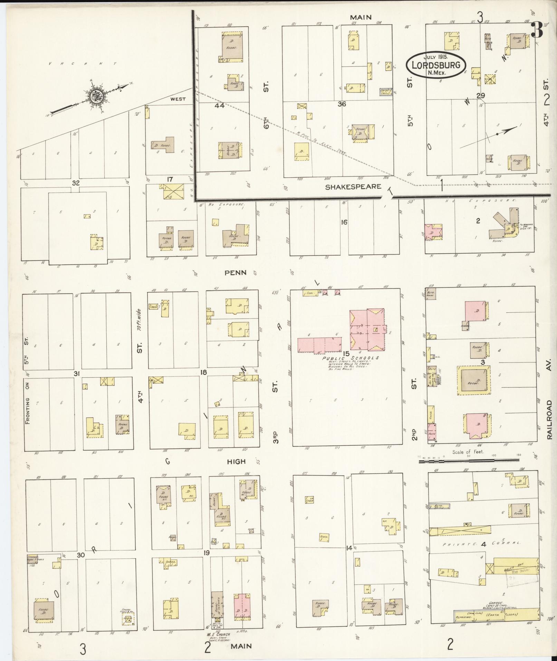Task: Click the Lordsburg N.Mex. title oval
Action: point(435,65)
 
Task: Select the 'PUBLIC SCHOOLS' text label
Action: point(350,358)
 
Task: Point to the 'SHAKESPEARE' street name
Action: point(353,187)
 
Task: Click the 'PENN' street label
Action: point(236,273)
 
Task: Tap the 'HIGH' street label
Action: point(236,461)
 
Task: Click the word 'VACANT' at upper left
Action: point(83,64)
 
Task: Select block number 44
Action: point(220,106)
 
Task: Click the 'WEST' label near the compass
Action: point(177,99)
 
